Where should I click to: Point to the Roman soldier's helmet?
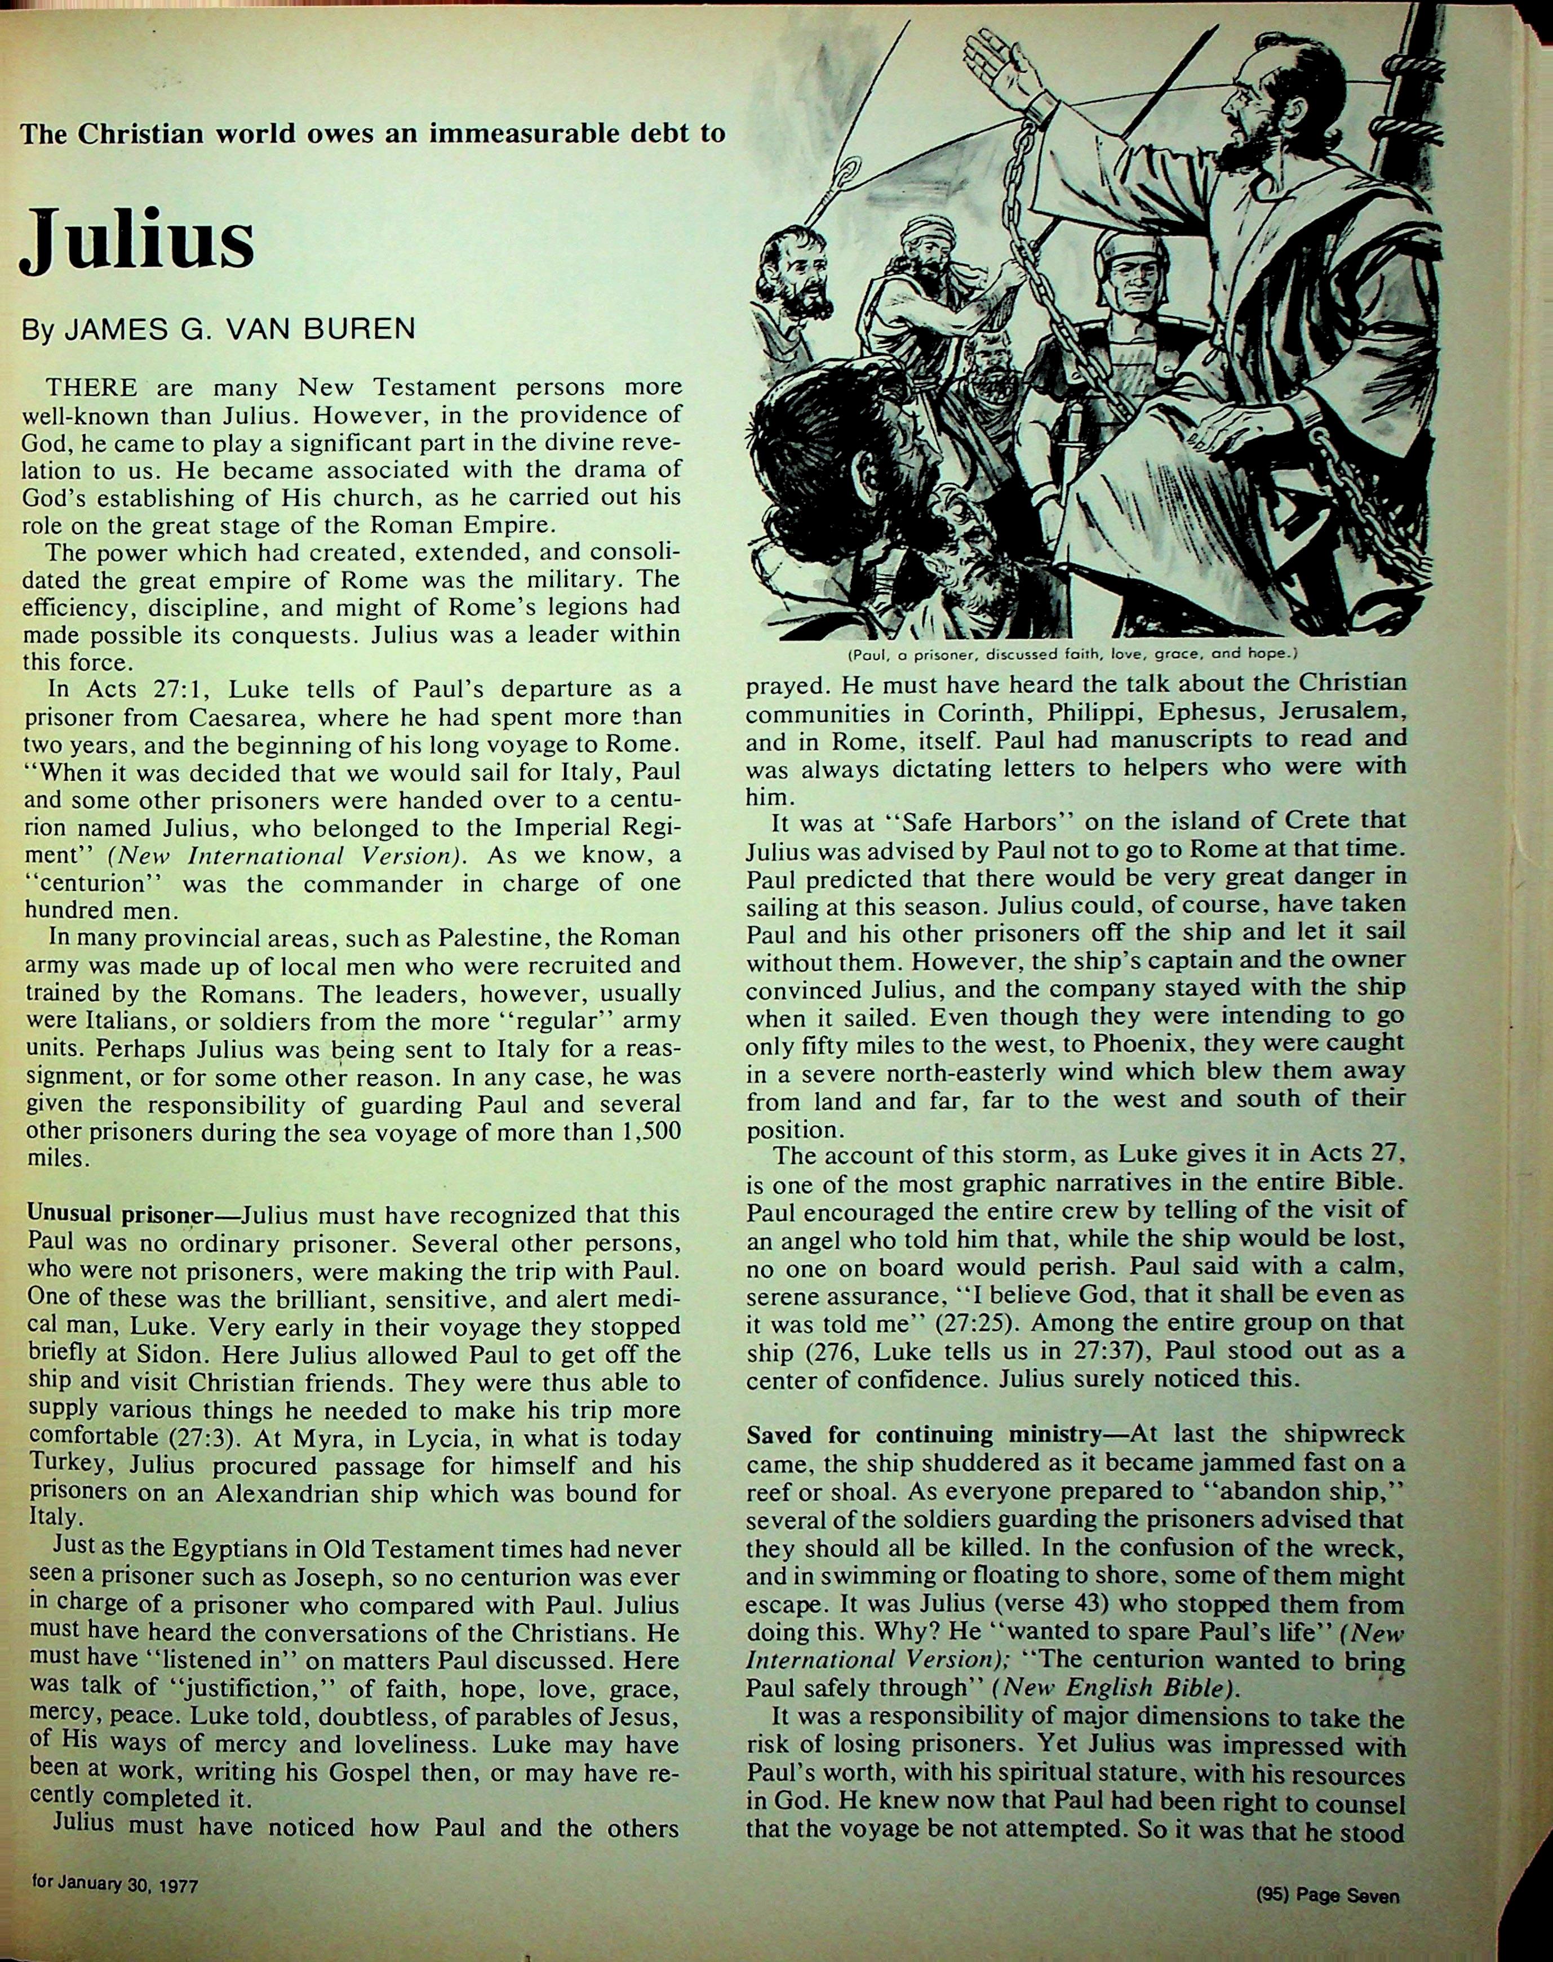pyautogui.click(x=1126, y=255)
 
